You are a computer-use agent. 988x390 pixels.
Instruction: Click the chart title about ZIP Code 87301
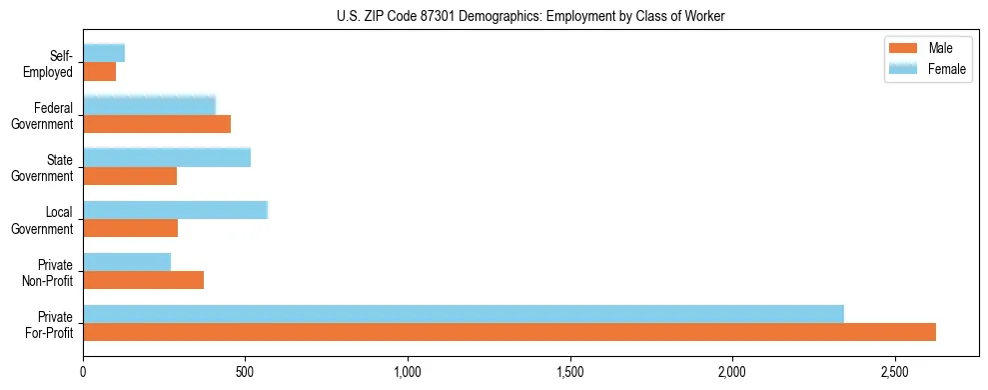(494, 16)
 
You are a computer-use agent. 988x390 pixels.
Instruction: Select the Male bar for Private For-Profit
(509, 332)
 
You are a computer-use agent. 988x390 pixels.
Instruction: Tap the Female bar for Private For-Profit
(464, 314)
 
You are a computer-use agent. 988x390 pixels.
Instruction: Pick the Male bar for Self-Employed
(100, 72)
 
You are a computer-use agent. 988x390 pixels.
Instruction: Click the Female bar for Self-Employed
(104, 53)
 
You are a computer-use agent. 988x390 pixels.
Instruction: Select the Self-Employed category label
(53, 64)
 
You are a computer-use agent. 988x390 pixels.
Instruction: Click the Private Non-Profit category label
(53, 272)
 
